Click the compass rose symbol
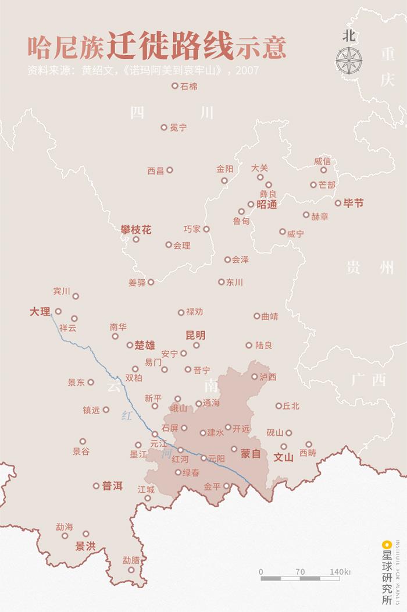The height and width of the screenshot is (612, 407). coord(348,60)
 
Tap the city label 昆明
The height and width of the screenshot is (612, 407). coord(195,335)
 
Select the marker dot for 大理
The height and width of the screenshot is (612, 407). coord(58,311)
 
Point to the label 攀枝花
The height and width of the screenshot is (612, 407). coord(135,230)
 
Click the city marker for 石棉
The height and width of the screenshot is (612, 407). coord(174,86)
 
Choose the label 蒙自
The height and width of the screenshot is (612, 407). coord(251,453)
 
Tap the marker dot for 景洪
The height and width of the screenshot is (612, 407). coord(86,533)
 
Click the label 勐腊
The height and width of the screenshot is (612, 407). coord(131,560)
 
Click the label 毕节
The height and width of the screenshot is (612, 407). coord(354,203)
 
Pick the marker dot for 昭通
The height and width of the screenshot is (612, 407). coord(251,204)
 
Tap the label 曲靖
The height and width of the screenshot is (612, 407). coord(270,316)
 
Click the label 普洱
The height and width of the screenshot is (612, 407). coord(113,486)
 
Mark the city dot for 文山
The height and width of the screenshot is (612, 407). coord(283,446)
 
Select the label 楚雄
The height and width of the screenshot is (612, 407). coord(145,345)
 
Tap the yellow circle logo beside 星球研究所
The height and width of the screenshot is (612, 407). coord(384,545)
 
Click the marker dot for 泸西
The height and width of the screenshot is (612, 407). coord(254,376)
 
